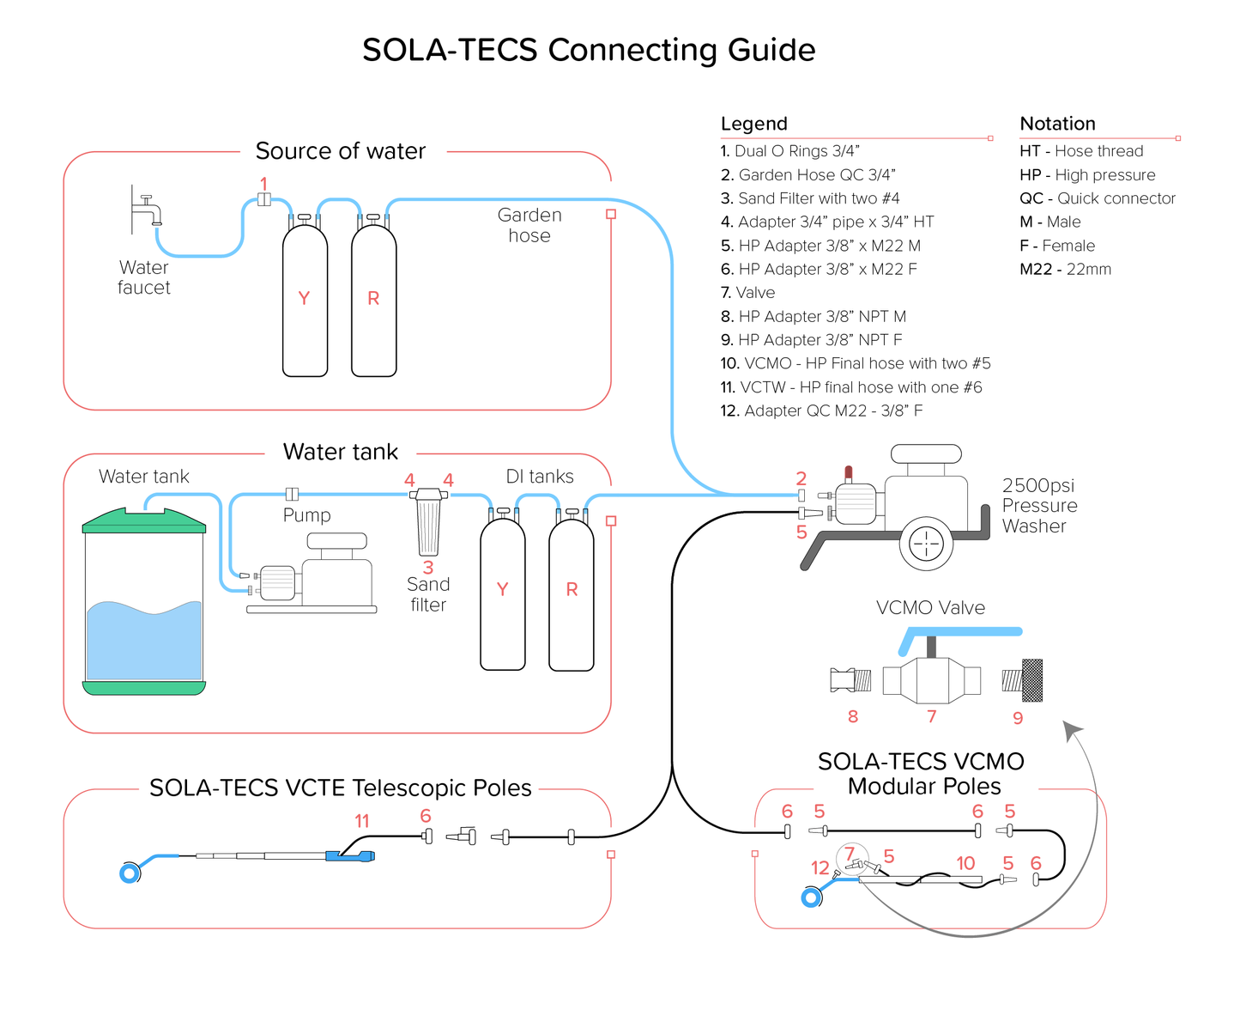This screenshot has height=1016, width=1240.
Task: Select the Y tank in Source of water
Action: coord(305,301)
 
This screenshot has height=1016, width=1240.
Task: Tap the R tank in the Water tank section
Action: coord(572,593)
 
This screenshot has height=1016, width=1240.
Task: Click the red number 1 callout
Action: coord(263,184)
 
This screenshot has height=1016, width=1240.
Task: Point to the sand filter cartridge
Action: coord(428,526)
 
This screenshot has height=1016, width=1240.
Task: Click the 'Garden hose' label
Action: coord(529,226)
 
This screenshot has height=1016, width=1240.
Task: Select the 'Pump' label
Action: coord(306,515)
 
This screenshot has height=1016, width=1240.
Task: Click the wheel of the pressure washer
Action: coord(926,543)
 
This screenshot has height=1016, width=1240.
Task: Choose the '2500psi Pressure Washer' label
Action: coord(1039,506)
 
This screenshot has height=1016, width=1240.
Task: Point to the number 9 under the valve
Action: coord(1018,718)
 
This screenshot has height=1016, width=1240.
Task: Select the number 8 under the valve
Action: coord(852,716)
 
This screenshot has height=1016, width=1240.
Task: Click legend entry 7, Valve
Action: coord(747,293)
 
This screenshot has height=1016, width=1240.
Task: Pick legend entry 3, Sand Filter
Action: coord(809,198)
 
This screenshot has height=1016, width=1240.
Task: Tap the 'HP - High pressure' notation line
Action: coord(1086,175)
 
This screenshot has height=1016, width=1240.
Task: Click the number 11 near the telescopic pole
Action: coord(362,822)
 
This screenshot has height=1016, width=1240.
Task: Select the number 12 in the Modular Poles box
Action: coord(820,867)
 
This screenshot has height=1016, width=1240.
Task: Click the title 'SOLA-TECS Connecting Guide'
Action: coord(589,50)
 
